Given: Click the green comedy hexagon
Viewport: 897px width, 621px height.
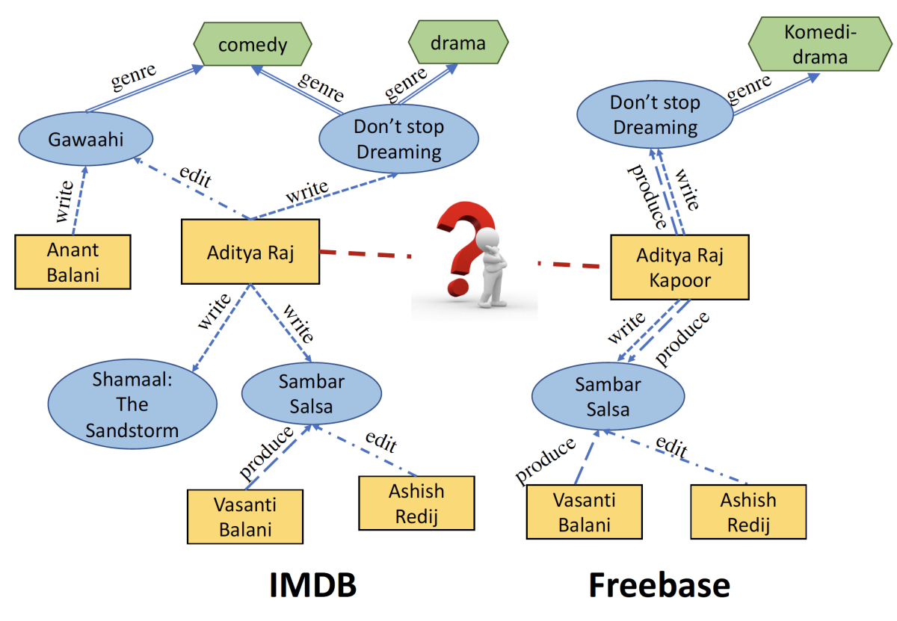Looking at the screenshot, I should [x=252, y=45].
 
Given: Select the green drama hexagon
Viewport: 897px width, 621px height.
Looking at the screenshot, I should [x=457, y=43].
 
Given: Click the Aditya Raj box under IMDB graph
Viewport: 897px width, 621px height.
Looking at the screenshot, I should [x=250, y=252].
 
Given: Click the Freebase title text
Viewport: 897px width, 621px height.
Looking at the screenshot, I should [x=659, y=585].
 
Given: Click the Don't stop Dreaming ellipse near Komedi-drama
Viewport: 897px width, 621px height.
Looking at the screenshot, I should [x=655, y=116].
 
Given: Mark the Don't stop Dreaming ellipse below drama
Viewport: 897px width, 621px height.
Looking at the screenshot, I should [x=398, y=139].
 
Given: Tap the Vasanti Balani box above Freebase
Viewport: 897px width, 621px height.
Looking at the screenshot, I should [x=582, y=512].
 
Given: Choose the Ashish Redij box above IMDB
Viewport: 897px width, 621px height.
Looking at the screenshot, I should [x=416, y=504].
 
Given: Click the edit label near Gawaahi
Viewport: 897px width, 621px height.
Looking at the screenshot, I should [x=195, y=176].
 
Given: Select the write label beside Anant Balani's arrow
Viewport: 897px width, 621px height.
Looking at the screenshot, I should [x=64, y=202].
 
